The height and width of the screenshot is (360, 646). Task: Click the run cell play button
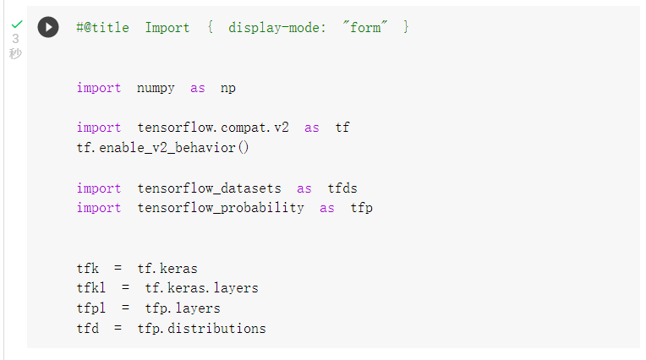click(48, 27)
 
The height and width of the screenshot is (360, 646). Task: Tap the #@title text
click(102, 27)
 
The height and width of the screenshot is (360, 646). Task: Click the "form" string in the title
click(364, 27)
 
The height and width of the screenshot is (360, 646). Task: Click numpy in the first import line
click(156, 88)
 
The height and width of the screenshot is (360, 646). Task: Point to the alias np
click(228, 88)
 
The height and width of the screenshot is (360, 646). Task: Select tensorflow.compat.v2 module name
click(213, 128)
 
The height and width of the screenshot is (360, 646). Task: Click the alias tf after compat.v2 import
click(342, 128)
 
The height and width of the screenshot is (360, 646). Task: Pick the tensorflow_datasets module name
click(209, 188)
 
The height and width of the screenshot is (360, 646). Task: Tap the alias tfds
click(348, 188)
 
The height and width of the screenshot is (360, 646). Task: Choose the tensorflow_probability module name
click(220, 208)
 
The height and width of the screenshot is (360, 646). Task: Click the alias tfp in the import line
click(362, 208)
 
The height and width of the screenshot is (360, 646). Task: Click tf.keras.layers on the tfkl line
click(202, 288)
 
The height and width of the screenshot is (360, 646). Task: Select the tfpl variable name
click(91, 308)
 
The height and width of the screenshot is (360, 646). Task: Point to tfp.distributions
click(201, 328)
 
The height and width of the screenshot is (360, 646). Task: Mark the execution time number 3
click(15, 39)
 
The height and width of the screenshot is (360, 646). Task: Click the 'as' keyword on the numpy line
click(197, 88)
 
